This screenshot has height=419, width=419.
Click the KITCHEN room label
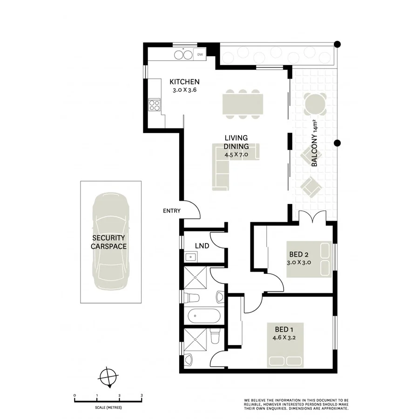point(184,81)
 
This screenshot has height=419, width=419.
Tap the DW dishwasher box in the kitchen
point(200,54)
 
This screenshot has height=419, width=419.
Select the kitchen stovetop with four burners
point(154,105)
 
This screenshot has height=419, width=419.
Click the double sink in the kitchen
point(183,55)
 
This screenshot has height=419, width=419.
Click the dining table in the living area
point(242,104)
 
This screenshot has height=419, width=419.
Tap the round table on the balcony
point(315,104)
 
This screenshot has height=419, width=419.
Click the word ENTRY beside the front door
point(171,211)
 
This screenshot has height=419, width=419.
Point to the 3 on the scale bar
point(142,395)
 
